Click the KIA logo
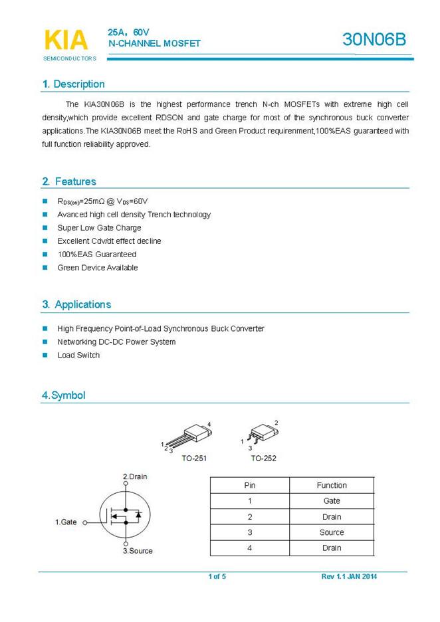coord(66,41)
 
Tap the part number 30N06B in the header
coord(374,40)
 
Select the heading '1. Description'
coord(73,84)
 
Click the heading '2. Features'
coord(69,181)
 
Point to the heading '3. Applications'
coord(76,304)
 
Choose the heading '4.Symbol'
coord(64,395)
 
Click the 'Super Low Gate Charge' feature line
coord(99,228)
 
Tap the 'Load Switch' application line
coord(78,356)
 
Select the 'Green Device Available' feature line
coord(98,268)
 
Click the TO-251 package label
coord(194,459)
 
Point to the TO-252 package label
coord(263,459)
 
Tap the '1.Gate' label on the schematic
coord(66,522)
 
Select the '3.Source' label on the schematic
coord(138,551)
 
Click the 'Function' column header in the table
coord(332,485)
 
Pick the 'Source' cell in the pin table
coord(332,532)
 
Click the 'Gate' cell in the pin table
coord(332,501)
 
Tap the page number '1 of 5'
coord(217,576)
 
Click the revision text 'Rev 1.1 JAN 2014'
coord(349,576)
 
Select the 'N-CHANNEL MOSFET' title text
coord(154,44)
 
